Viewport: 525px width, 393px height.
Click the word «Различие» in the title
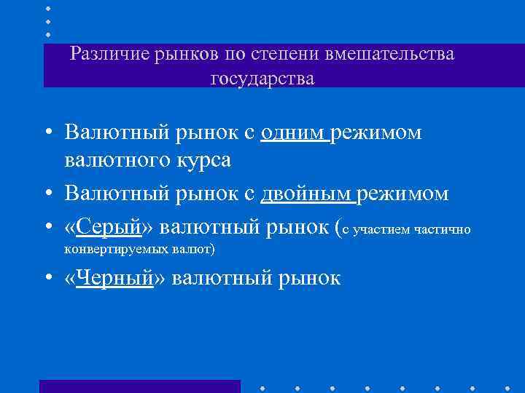109,54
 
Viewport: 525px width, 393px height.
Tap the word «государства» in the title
262,78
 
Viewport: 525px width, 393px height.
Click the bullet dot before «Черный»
47,278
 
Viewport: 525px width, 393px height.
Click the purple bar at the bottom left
139,386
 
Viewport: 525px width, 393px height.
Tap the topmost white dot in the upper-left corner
49,8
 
